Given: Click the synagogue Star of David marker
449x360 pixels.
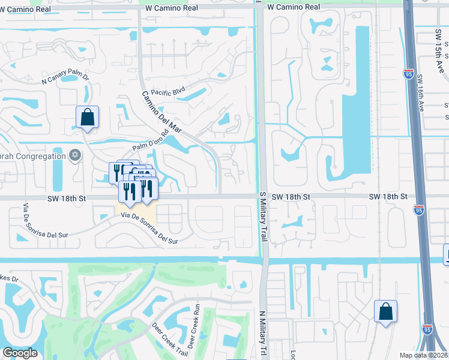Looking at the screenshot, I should (x=75, y=155).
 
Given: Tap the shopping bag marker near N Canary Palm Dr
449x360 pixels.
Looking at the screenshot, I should (x=87, y=117).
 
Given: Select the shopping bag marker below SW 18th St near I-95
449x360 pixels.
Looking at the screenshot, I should (x=385, y=311).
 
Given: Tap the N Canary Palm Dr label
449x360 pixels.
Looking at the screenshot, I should (x=65, y=77).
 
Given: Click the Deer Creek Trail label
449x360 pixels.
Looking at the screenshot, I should (x=163, y=340).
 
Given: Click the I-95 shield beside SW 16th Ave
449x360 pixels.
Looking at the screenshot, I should (x=408, y=74).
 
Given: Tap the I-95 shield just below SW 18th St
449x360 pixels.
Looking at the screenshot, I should (x=419, y=209).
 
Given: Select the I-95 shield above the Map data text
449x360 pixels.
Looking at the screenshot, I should (x=427, y=329).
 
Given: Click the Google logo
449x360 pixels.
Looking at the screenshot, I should (x=20, y=353).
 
